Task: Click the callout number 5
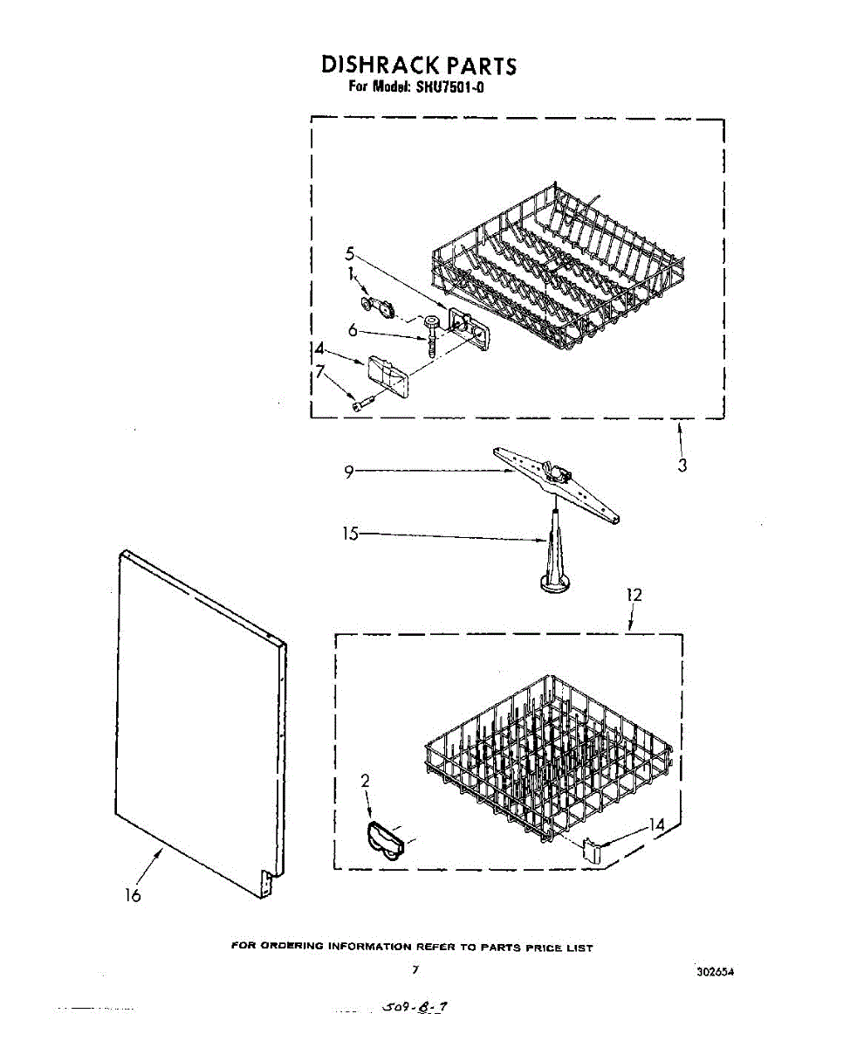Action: pyautogui.click(x=349, y=253)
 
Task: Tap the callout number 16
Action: pyautogui.click(x=133, y=895)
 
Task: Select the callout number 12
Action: pyautogui.click(x=634, y=595)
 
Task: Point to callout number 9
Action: pyautogui.click(x=348, y=472)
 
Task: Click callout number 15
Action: pyautogui.click(x=350, y=533)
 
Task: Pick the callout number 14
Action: pyautogui.click(x=657, y=824)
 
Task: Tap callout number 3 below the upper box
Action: pyautogui.click(x=682, y=465)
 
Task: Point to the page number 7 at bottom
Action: pyautogui.click(x=415, y=969)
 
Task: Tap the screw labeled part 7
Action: pyautogui.click(x=362, y=403)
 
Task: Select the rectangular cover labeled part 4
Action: pyautogui.click(x=389, y=373)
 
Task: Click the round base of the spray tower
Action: pyautogui.click(x=555, y=582)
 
